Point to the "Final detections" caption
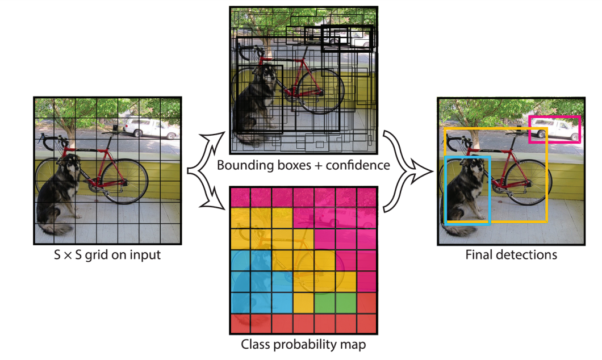click(511, 255)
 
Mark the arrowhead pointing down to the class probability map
click(216, 200)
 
